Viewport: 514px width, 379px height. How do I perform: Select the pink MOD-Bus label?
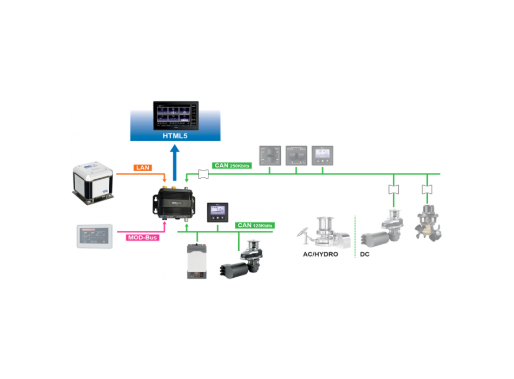[142, 237]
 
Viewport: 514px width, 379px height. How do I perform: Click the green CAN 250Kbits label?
[232, 165]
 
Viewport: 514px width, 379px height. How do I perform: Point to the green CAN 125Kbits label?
[255, 225]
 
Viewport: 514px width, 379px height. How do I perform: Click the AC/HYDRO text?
[319, 253]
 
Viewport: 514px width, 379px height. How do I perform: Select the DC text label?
[365, 253]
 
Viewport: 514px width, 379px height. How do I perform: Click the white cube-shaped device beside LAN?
[93, 182]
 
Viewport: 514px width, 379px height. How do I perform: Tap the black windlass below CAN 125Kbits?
[240, 263]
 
